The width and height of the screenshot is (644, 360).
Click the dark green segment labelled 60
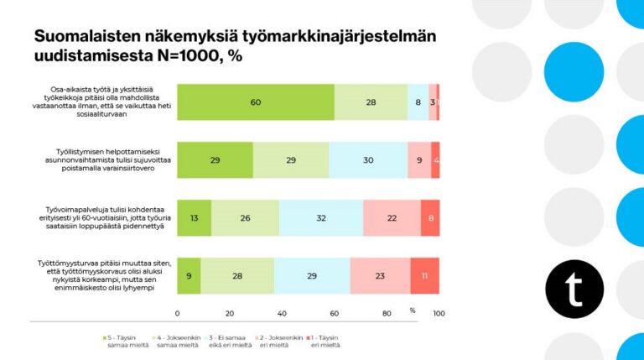click(255, 102)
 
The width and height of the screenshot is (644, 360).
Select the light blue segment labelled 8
click(418, 102)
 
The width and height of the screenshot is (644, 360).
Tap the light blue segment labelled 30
click(368, 159)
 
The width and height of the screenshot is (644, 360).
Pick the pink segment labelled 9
click(419, 159)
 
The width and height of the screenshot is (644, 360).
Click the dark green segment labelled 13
click(194, 217)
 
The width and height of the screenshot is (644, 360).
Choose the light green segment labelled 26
click(245, 217)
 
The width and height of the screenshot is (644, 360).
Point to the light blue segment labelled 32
click(321, 217)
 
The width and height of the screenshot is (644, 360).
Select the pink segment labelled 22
click(392, 217)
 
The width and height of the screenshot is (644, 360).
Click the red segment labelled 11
click(425, 275)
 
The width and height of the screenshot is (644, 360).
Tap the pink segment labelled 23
click(380, 275)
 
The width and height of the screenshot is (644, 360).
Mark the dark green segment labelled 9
click(189, 275)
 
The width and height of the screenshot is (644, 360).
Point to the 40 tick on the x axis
click(282, 313)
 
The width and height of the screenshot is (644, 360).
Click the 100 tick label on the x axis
click(438, 313)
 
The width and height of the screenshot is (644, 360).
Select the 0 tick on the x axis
click(177, 313)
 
